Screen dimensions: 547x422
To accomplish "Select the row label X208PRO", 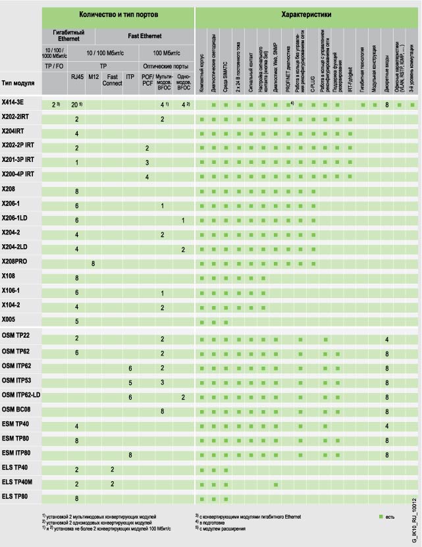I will [x=16, y=263].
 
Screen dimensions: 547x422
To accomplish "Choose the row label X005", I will [x=10, y=321].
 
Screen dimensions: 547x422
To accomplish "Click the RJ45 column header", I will [x=77, y=77].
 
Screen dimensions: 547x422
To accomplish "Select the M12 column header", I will [x=94, y=77].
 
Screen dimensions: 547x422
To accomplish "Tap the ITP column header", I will [x=130, y=77].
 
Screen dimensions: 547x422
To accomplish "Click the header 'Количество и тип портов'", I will [x=119, y=13].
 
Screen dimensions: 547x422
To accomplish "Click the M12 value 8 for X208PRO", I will [x=94, y=263].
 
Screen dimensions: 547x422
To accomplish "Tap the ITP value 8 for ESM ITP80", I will [x=130, y=455].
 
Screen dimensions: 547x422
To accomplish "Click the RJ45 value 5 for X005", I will [x=77, y=321].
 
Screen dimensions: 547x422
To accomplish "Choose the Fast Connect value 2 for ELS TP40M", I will [x=113, y=483].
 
